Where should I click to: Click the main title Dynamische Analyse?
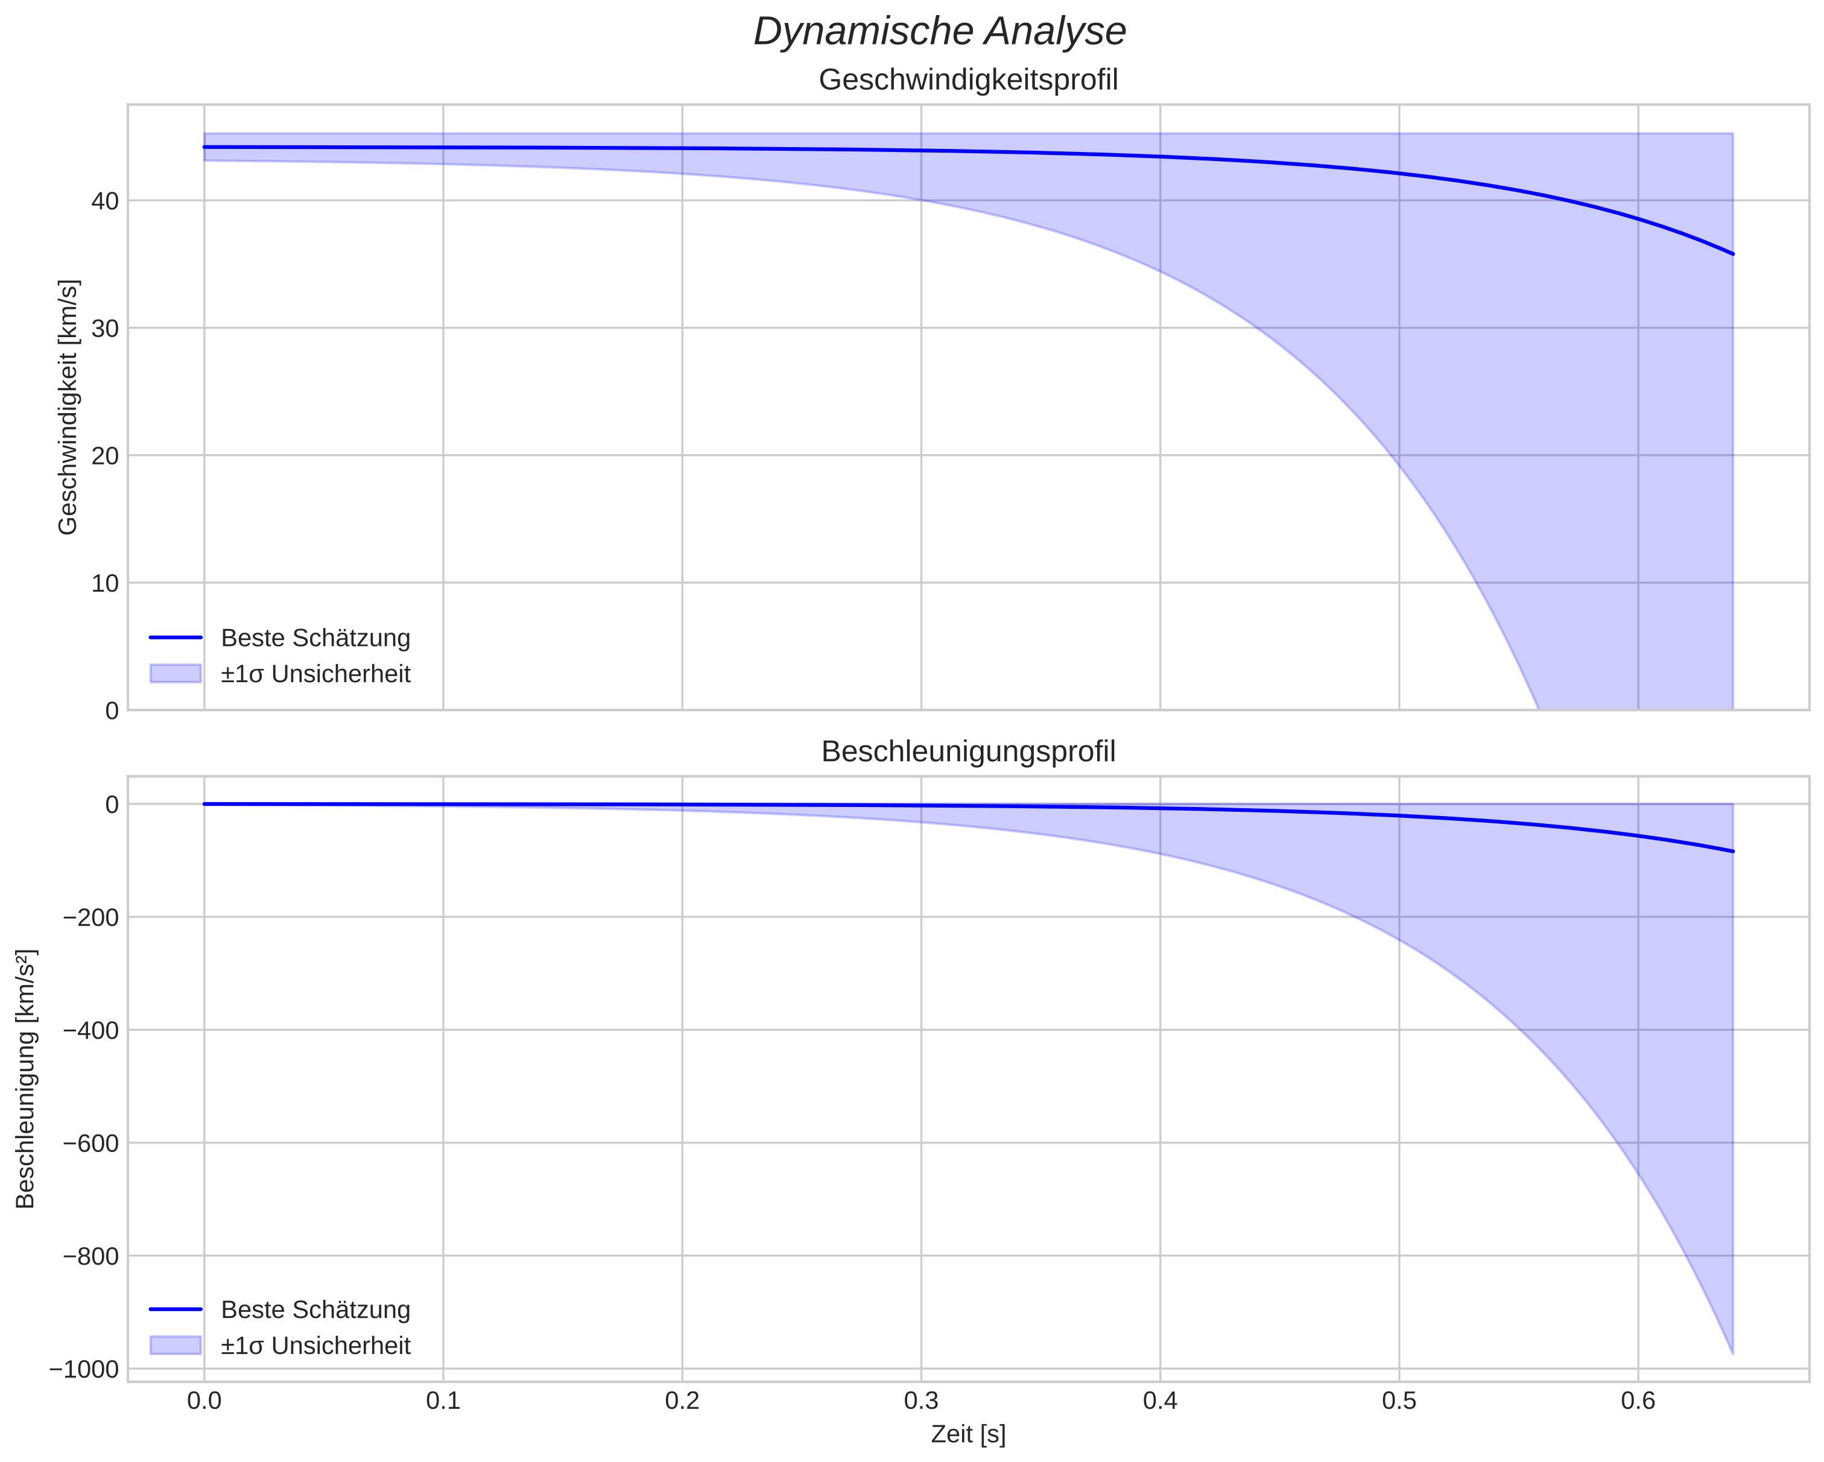[x=939, y=32]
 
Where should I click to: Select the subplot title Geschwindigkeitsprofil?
[x=968, y=80]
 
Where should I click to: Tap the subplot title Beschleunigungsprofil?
[x=968, y=752]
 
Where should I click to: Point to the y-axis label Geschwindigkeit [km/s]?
[x=68, y=407]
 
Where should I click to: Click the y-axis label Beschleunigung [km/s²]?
[x=25, y=1079]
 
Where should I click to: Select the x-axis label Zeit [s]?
[x=968, y=1435]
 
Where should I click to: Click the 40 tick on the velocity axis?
[x=105, y=201]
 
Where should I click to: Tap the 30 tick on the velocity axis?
[x=105, y=328]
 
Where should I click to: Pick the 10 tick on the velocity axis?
[x=105, y=583]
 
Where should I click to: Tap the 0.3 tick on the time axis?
[x=921, y=1400]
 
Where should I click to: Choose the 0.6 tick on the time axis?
[x=1638, y=1400]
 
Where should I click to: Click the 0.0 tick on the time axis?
[x=204, y=1400]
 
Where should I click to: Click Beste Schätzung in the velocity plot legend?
[x=315, y=638]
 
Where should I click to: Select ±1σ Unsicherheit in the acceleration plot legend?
[x=315, y=1346]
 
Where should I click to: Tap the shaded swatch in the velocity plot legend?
[x=175, y=674]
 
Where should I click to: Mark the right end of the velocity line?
[x=1733, y=254]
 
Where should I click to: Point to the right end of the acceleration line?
[x=1733, y=851]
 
